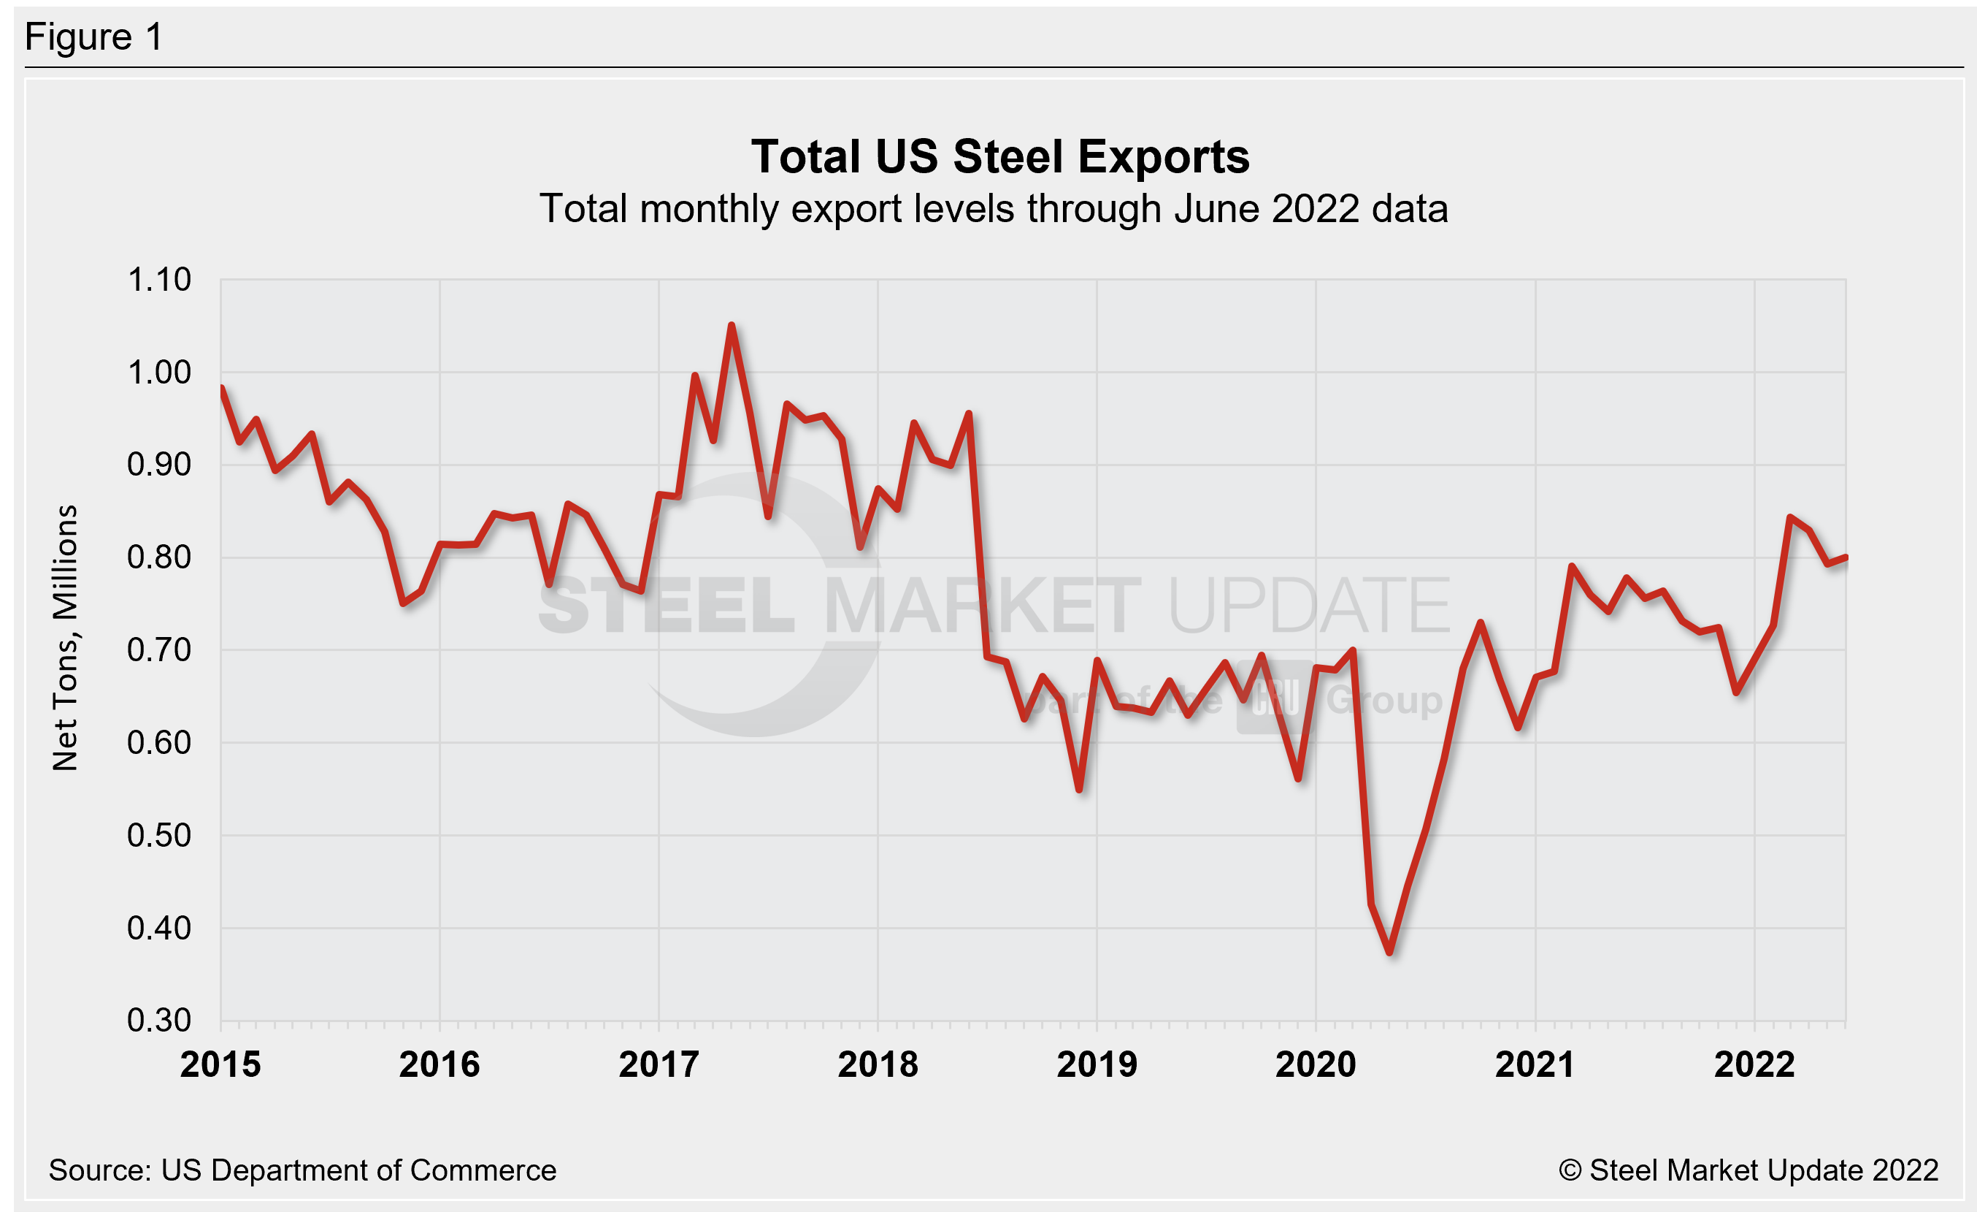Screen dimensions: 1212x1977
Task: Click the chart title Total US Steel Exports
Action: (999, 156)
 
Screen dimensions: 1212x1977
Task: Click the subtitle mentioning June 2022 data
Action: (994, 209)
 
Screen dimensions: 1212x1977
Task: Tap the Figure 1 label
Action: (94, 37)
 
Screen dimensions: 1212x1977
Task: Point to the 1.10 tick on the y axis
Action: (159, 280)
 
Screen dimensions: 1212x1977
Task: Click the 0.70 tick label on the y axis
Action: (159, 650)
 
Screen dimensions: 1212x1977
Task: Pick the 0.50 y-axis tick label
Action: (159, 836)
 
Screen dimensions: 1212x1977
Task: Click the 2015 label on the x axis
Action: (220, 1064)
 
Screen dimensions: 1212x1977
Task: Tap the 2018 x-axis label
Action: (878, 1064)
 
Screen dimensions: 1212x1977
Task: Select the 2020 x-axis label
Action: (1316, 1064)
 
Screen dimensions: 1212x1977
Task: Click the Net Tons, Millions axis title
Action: (66, 638)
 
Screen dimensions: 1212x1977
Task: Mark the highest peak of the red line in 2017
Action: (731, 325)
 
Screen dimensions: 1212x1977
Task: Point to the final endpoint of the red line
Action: (1846, 557)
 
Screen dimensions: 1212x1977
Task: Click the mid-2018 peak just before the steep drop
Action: (970, 414)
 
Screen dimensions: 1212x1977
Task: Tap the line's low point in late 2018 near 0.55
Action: (1080, 790)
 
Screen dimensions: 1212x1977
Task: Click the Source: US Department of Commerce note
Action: (302, 1170)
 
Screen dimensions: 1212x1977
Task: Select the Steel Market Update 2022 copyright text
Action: (1748, 1170)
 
